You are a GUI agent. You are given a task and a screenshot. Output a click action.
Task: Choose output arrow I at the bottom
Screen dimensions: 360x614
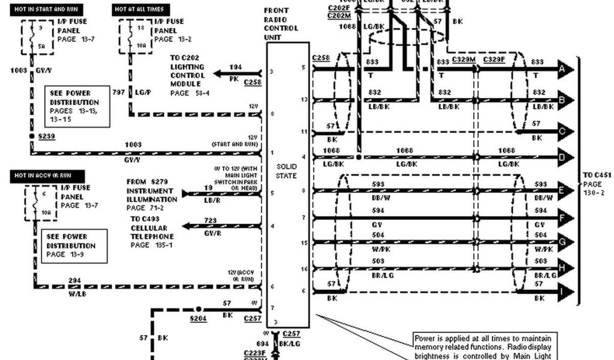click(564, 292)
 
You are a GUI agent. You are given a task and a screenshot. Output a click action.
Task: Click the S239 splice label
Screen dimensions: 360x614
click(47, 137)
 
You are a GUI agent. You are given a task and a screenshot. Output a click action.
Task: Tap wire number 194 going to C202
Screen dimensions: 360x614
click(236, 67)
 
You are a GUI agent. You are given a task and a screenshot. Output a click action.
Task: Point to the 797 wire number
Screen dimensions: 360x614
click(118, 92)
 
